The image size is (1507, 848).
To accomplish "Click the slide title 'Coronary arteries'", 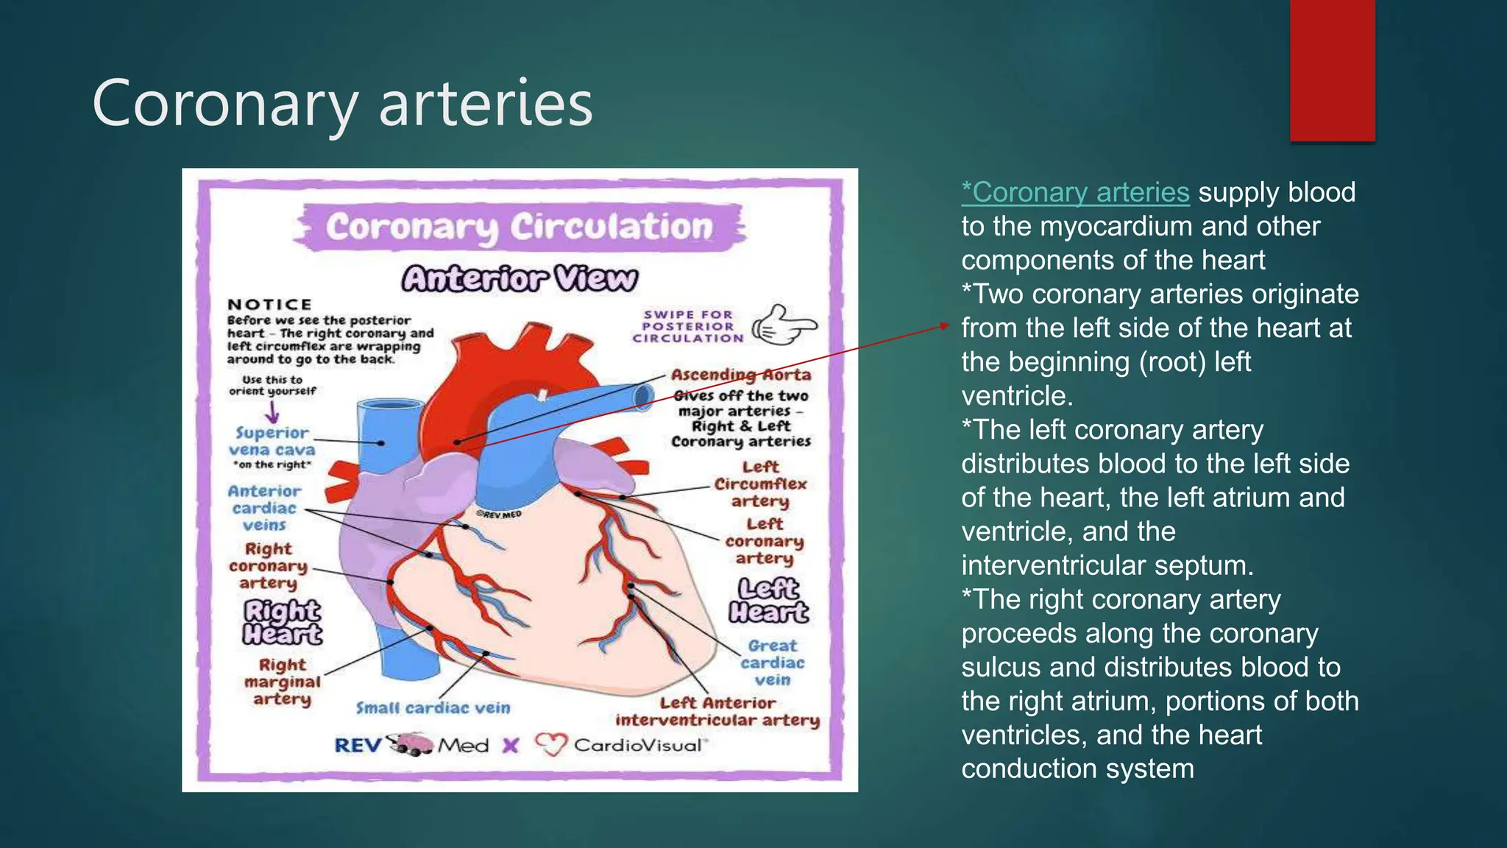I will [342, 103].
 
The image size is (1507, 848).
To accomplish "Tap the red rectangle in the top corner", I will [1332, 70].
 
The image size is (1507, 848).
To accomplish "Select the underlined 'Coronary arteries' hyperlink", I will [1075, 192].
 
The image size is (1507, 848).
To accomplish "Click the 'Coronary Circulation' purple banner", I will [520, 227].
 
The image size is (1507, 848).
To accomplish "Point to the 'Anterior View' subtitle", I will [520, 279].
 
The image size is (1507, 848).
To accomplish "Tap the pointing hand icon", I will [783, 325].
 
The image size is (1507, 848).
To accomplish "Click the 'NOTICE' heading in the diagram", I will [269, 304].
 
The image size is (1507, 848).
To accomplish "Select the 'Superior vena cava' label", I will [272, 442].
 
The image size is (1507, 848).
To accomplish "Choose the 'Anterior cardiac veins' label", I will [264, 508].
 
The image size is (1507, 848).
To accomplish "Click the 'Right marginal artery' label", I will [282, 682].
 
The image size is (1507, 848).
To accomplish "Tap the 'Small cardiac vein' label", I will [433, 708].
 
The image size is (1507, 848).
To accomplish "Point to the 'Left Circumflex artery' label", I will [760, 484].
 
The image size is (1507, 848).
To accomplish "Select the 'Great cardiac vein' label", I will [772, 662].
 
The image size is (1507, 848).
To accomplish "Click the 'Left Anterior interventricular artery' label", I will [717, 712].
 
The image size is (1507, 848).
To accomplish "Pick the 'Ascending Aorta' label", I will [740, 375].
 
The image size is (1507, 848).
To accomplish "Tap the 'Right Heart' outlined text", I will [283, 622].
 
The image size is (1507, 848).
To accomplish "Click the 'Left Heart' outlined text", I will [768, 600].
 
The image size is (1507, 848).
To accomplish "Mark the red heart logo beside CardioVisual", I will [550, 745].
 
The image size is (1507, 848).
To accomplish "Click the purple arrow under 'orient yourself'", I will [272, 411].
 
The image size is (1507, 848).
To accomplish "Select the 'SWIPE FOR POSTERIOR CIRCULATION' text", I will [688, 326].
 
